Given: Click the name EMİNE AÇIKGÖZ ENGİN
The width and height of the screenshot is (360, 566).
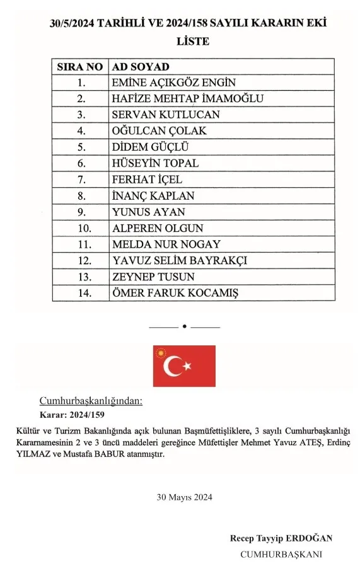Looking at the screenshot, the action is (x=173, y=83).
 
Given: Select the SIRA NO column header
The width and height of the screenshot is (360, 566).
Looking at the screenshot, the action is (x=80, y=66).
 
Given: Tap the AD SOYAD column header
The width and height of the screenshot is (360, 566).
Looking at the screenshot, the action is (x=140, y=66).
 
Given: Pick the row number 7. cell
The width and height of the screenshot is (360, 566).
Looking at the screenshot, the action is (x=80, y=180).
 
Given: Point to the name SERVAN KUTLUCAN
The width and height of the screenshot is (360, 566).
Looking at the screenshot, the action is (x=166, y=115).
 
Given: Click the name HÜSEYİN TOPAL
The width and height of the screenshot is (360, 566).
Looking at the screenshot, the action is (x=155, y=163).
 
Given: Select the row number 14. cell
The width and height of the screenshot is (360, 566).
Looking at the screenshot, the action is (x=80, y=293).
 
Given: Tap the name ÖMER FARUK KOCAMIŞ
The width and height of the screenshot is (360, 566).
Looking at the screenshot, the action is (x=175, y=293).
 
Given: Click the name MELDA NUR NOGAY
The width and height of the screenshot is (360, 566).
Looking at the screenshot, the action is (x=166, y=245).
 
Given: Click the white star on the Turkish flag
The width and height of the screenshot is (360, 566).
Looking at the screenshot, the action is (x=187, y=366).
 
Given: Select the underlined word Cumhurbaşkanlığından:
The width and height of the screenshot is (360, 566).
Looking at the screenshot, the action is (x=91, y=401).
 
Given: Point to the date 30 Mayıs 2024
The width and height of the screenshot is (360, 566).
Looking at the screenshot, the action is (x=184, y=497).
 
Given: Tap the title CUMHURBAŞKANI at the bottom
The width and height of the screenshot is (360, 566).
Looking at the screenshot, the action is (x=281, y=554).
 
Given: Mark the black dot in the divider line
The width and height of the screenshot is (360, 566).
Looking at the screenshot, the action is (x=184, y=326).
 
